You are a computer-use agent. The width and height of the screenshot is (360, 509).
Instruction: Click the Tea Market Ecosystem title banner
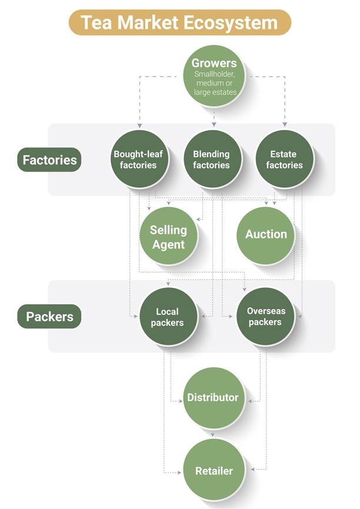179,22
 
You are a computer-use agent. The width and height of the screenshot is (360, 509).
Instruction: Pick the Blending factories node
212,159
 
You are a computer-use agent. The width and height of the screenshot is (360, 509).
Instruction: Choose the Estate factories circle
284,159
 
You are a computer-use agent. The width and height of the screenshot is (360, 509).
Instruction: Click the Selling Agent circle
169,237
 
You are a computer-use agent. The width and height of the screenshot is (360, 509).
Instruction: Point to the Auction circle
266,234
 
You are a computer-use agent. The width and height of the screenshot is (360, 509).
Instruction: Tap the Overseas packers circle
265,317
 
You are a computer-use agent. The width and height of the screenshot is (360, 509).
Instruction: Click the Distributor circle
213,398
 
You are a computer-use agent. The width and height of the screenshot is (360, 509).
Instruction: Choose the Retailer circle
213,471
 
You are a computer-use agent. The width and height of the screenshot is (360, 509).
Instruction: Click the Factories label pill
49,159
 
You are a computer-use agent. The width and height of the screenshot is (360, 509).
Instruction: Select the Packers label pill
49,317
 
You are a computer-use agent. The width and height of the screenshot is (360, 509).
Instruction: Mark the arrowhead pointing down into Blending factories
214,125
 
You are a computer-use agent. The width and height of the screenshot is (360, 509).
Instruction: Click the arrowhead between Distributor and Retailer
213,434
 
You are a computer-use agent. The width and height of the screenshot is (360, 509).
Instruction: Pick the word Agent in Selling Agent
169,245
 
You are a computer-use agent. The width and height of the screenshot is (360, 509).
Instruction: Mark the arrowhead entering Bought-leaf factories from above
140,125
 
